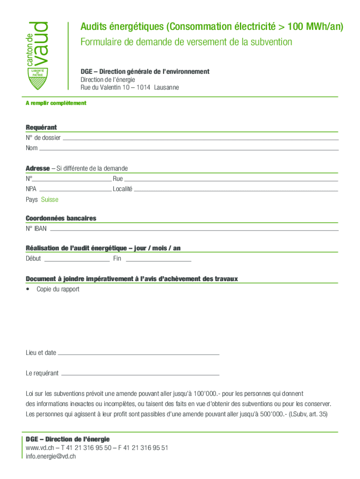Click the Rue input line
[x=231, y=180]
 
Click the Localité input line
[x=236, y=190]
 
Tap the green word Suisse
[x=50, y=200]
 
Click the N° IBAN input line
[x=194, y=230]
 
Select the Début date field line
[x=76, y=260]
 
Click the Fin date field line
[x=158, y=260]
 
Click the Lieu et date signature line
[x=138, y=354]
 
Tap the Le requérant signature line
[x=140, y=374]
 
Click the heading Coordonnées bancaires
[x=61, y=218]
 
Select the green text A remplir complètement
[x=56, y=103]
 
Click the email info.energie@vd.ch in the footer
[x=51, y=456]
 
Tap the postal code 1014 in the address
[x=144, y=87]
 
